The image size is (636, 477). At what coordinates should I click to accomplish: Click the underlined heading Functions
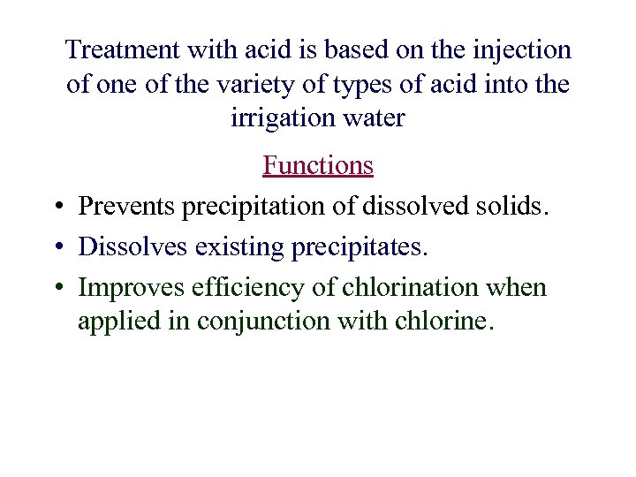pos(318,165)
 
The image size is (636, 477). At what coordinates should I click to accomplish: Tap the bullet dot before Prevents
pos(57,208)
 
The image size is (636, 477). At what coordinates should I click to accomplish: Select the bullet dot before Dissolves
pos(57,248)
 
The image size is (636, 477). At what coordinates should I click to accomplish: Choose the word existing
pos(243,247)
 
